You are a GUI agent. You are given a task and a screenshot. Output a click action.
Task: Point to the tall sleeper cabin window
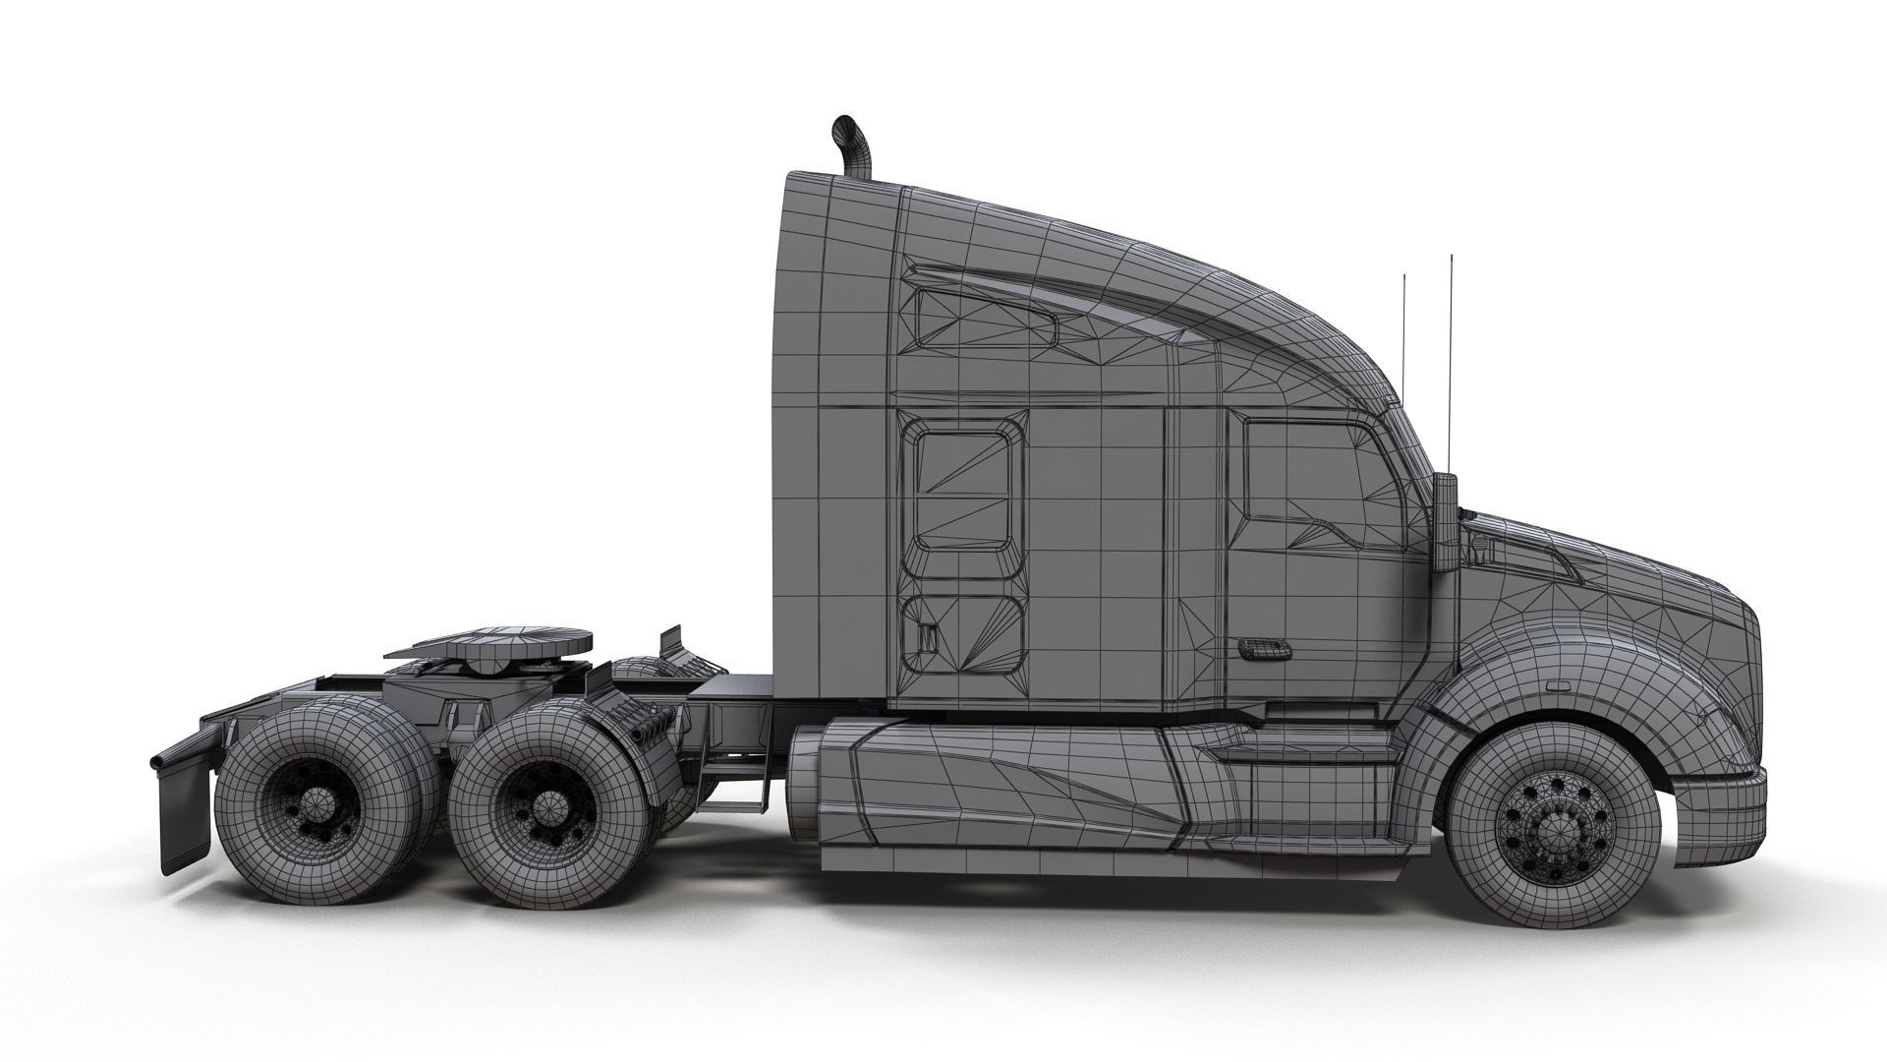click(x=964, y=492)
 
